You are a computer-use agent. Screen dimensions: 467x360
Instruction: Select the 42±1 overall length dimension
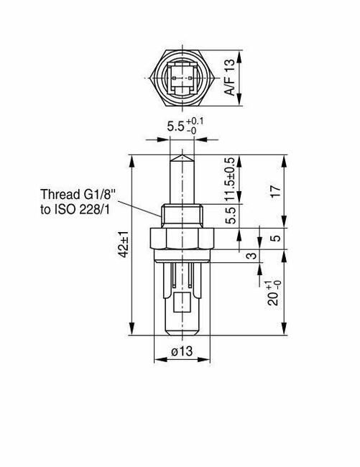click(x=124, y=244)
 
